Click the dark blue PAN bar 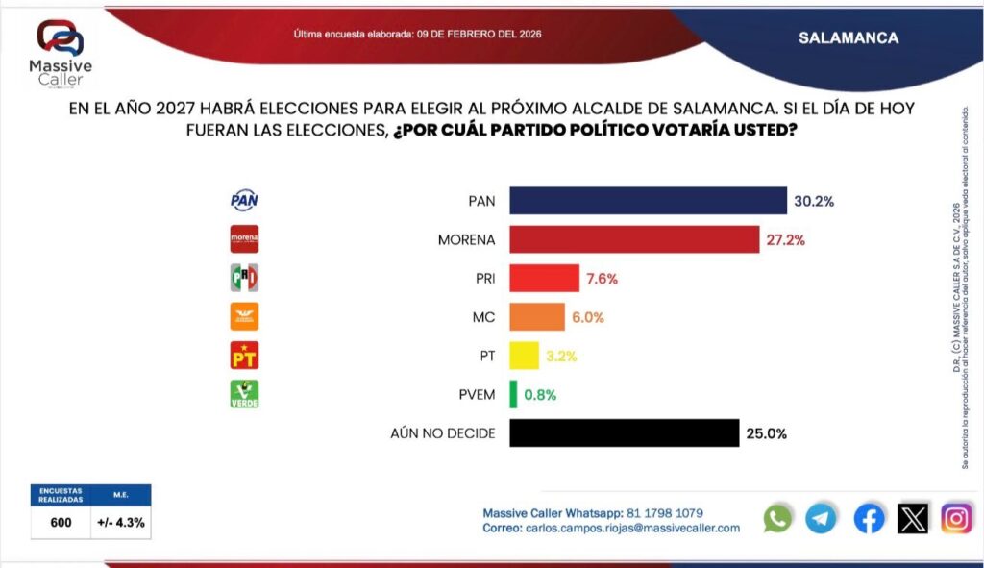tap(648, 200)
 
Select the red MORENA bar tap(635, 239)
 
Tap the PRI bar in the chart tap(544, 279)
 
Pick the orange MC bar tap(536, 317)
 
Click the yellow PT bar tap(524, 356)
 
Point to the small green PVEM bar tap(513, 394)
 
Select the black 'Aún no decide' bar tap(624, 433)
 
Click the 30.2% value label tap(813, 201)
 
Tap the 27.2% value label tap(784, 239)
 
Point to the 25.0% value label tap(766, 433)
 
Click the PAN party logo tap(244, 200)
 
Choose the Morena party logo tap(244, 238)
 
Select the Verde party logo tap(244, 393)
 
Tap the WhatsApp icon tap(777, 519)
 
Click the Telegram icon tap(821, 519)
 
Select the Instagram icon tap(956, 519)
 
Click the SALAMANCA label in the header tap(849, 38)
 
